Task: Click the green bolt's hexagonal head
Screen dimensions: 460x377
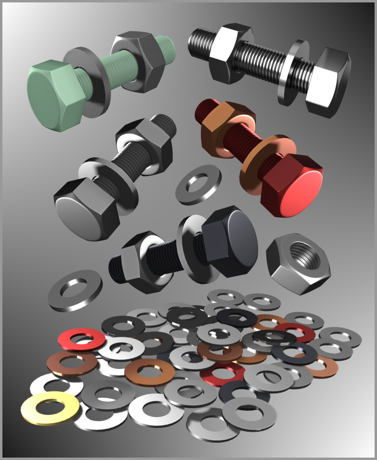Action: click(x=53, y=96)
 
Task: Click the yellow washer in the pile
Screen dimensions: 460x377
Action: click(x=50, y=408)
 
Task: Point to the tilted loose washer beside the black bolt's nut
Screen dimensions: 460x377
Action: click(x=75, y=290)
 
